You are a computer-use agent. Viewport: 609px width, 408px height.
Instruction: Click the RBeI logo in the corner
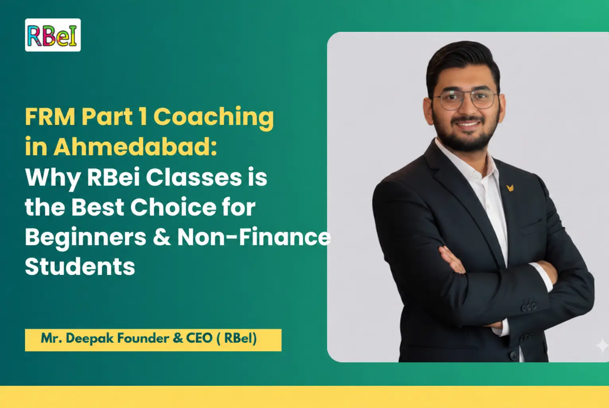pyautogui.click(x=52, y=35)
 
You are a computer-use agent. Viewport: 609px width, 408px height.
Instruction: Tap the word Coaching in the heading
pyautogui.click(x=213, y=117)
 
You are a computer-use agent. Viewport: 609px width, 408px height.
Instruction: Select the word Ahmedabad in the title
pyautogui.click(x=135, y=147)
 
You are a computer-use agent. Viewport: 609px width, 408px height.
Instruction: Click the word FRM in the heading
pyautogui.click(x=50, y=117)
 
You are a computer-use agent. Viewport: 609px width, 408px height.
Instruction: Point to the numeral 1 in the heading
pyautogui.click(x=143, y=117)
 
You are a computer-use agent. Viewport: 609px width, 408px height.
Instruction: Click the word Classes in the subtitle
pyautogui.click(x=194, y=177)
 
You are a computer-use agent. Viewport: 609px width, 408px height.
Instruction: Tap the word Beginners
pyautogui.click(x=85, y=237)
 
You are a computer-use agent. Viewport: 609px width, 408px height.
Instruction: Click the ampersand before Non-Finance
pyautogui.click(x=162, y=237)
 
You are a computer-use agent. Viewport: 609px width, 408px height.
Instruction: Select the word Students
pyautogui.click(x=80, y=266)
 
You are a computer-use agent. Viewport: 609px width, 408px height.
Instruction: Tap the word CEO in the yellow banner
pyautogui.click(x=199, y=338)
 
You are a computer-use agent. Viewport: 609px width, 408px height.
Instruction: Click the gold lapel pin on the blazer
pyautogui.click(x=510, y=187)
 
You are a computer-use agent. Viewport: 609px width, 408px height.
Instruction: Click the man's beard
pyautogui.click(x=465, y=137)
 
